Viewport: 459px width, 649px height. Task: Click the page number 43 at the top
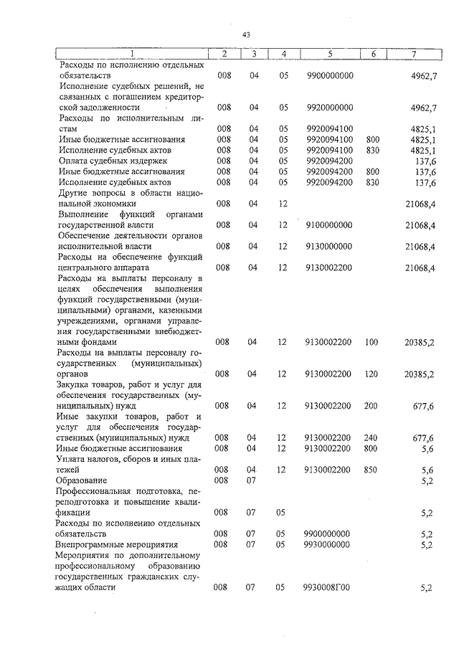[x=246, y=34]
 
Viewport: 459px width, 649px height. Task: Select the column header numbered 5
[x=329, y=54]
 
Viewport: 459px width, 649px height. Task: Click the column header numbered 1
[x=132, y=54]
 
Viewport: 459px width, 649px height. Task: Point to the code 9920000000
[x=329, y=108]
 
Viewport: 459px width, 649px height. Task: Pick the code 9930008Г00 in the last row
[x=329, y=588]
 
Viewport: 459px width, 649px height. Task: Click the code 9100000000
[x=329, y=225]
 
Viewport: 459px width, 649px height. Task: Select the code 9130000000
[x=329, y=247]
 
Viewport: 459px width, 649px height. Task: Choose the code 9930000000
[x=329, y=544]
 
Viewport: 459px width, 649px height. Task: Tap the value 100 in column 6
[x=372, y=342]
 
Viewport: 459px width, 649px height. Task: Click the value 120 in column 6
[x=372, y=374]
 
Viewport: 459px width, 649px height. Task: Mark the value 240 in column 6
[x=372, y=437]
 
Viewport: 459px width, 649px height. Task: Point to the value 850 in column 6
[x=372, y=469]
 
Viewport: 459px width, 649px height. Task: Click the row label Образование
[x=82, y=480]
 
